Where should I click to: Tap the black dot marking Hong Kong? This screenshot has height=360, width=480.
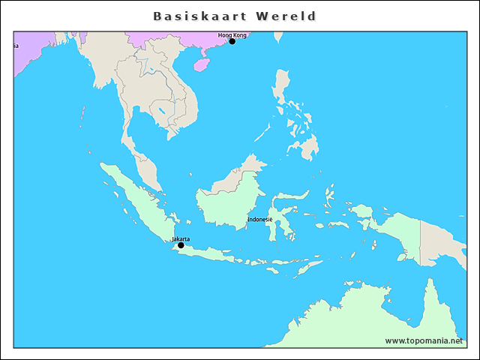click(x=232, y=41)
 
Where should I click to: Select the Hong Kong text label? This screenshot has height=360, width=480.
click(x=232, y=34)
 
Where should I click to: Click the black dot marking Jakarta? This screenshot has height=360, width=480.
click(x=181, y=245)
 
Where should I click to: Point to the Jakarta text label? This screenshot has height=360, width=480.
click(x=181, y=238)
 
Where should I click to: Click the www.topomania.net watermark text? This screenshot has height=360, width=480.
click(x=424, y=340)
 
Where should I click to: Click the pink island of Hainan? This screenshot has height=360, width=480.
click(x=201, y=65)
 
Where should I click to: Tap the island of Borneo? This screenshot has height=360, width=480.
click(x=229, y=199)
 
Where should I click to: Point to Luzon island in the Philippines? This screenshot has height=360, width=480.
click(x=282, y=90)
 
